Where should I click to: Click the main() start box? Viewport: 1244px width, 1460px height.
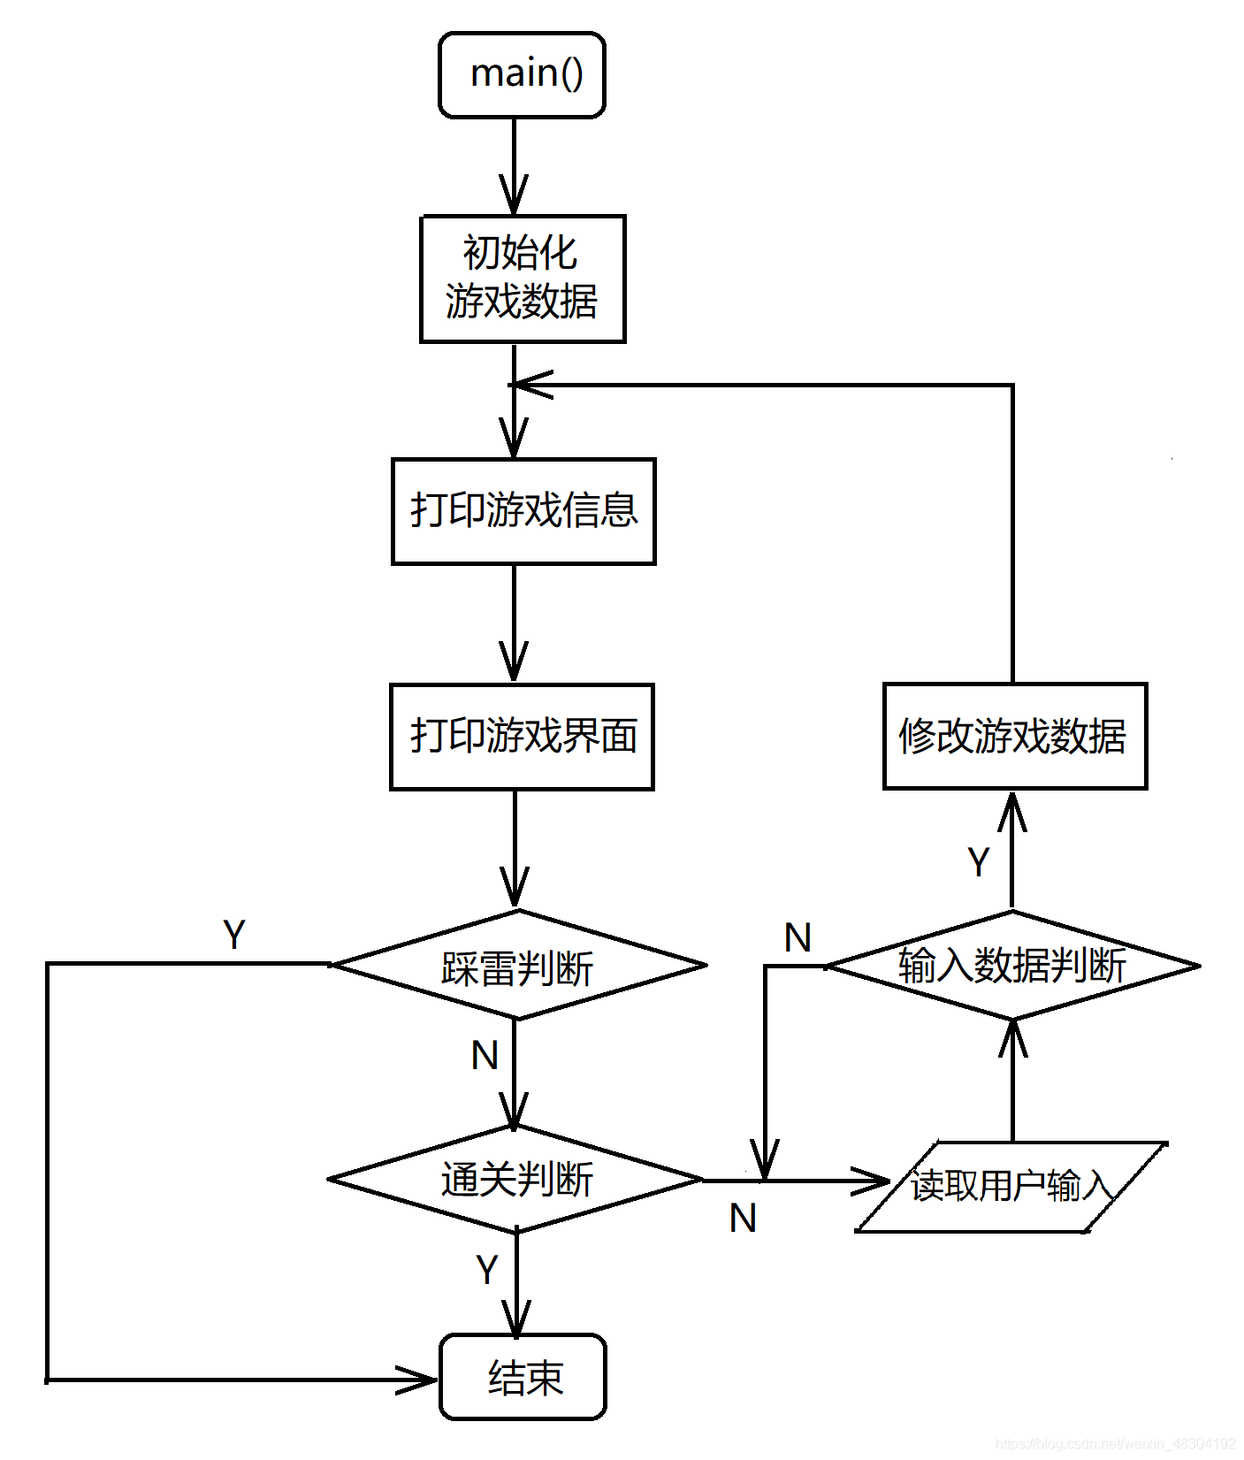click(522, 75)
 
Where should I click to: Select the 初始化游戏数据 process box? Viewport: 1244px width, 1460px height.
click(523, 279)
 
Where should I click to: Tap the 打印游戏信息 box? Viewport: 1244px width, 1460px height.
click(523, 511)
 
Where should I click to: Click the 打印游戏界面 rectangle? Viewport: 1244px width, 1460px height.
click(522, 737)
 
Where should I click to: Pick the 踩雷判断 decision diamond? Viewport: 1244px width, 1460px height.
click(518, 966)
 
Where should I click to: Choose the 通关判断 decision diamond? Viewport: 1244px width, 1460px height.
click(516, 1180)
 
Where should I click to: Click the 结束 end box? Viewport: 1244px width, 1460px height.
click(523, 1377)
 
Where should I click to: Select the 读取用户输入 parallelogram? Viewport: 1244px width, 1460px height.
click(1011, 1186)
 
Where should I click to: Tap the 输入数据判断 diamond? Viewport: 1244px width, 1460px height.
click(1012, 966)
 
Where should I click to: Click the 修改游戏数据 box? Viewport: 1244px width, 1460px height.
click(1014, 736)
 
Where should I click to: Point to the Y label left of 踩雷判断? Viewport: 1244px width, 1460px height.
click(234, 935)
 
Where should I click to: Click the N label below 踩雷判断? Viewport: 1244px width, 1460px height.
click(485, 1056)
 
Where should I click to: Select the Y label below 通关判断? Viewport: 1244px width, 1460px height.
click(487, 1270)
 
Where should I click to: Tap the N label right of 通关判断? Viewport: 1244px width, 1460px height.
click(743, 1219)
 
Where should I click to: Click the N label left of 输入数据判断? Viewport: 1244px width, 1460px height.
click(798, 937)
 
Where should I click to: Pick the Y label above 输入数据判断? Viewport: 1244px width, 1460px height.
click(979, 862)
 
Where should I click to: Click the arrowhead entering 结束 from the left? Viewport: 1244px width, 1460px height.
click(419, 1379)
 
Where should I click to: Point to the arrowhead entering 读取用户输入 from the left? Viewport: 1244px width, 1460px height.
click(873, 1181)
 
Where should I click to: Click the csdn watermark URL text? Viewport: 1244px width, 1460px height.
click(1115, 1443)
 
